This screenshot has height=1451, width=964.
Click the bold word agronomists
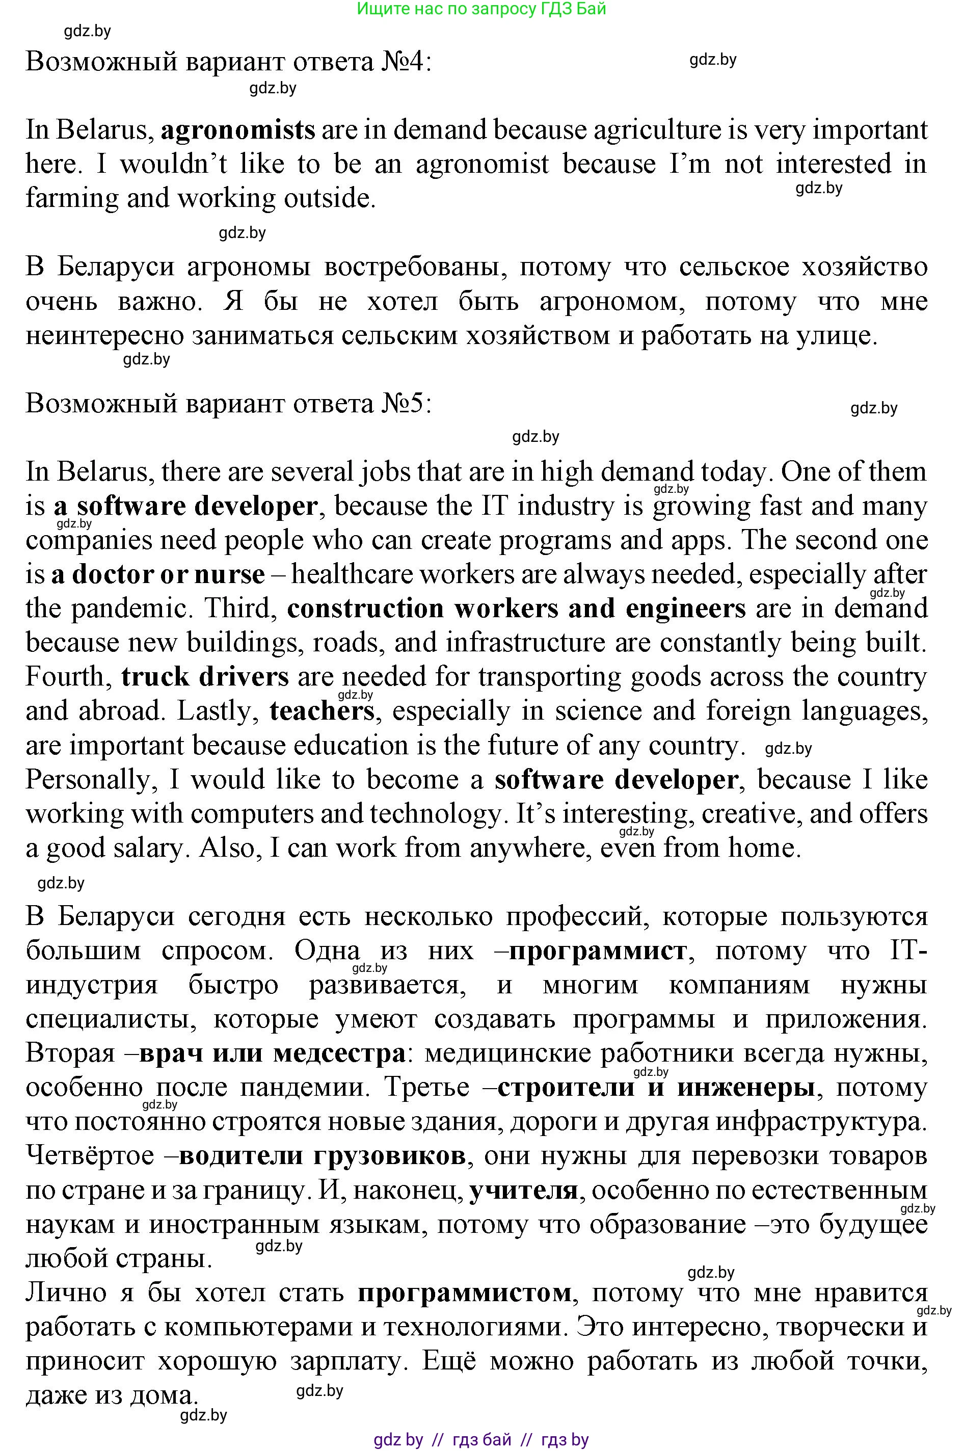pos(237,130)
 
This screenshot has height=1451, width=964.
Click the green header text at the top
pos(481,9)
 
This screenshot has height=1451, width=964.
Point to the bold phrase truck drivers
pos(205,676)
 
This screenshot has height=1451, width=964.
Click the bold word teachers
pos(322,711)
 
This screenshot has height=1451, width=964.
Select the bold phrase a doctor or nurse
pos(158,574)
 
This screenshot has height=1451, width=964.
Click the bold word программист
pos(598,951)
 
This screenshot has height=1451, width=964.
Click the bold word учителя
pos(523,1191)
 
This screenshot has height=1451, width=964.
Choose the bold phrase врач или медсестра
pos(273,1053)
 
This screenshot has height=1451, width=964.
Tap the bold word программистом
pos(464,1293)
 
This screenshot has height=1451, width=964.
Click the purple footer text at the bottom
pos(481,1440)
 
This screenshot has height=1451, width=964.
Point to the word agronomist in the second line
pos(482,164)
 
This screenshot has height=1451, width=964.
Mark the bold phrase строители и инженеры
pos(656,1087)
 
